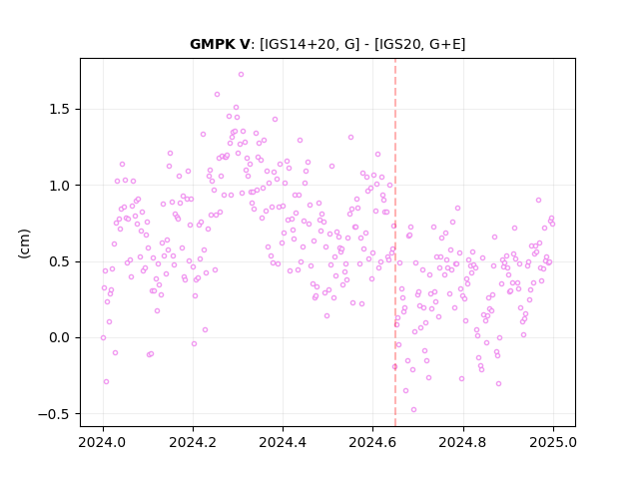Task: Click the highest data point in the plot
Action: click(241, 75)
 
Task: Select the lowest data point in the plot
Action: click(413, 409)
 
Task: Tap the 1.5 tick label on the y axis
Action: click(60, 110)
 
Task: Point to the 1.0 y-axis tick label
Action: click(60, 186)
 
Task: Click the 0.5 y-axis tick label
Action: click(60, 261)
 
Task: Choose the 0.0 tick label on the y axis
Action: click(60, 337)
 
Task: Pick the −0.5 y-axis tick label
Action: click(55, 414)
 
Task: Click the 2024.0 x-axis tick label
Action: click(103, 442)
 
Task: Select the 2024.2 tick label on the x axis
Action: click(193, 442)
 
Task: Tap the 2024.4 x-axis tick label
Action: click(283, 442)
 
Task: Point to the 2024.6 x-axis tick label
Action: click(372, 442)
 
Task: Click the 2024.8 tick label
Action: click(462, 442)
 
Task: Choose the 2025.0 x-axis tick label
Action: click(553, 442)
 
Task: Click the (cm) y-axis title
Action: click(24, 243)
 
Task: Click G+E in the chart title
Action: click(445, 44)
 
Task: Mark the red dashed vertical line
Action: click(395, 242)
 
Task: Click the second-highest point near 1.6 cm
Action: click(217, 95)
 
